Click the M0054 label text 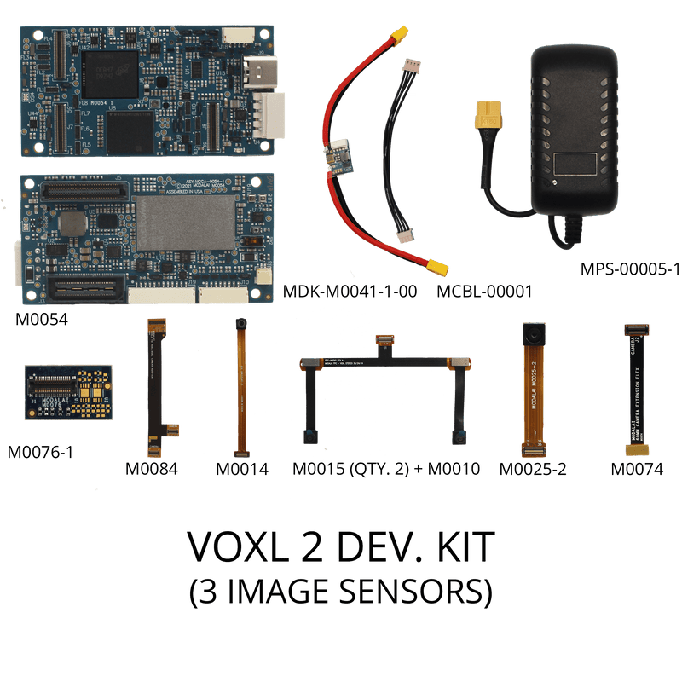click(x=42, y=320)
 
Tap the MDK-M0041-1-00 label click(x=350, y=292)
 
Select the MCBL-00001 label click(x=483, y=292)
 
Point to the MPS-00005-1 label click(x=629, y=269)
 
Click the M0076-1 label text click(x=40, y=451)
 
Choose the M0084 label click(x=152, y=468)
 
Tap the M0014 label click(x=241, y=468)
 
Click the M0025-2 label click(x=534, y=468)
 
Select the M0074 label click(x=637, y=468)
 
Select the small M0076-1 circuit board click(x=68, y=393)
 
